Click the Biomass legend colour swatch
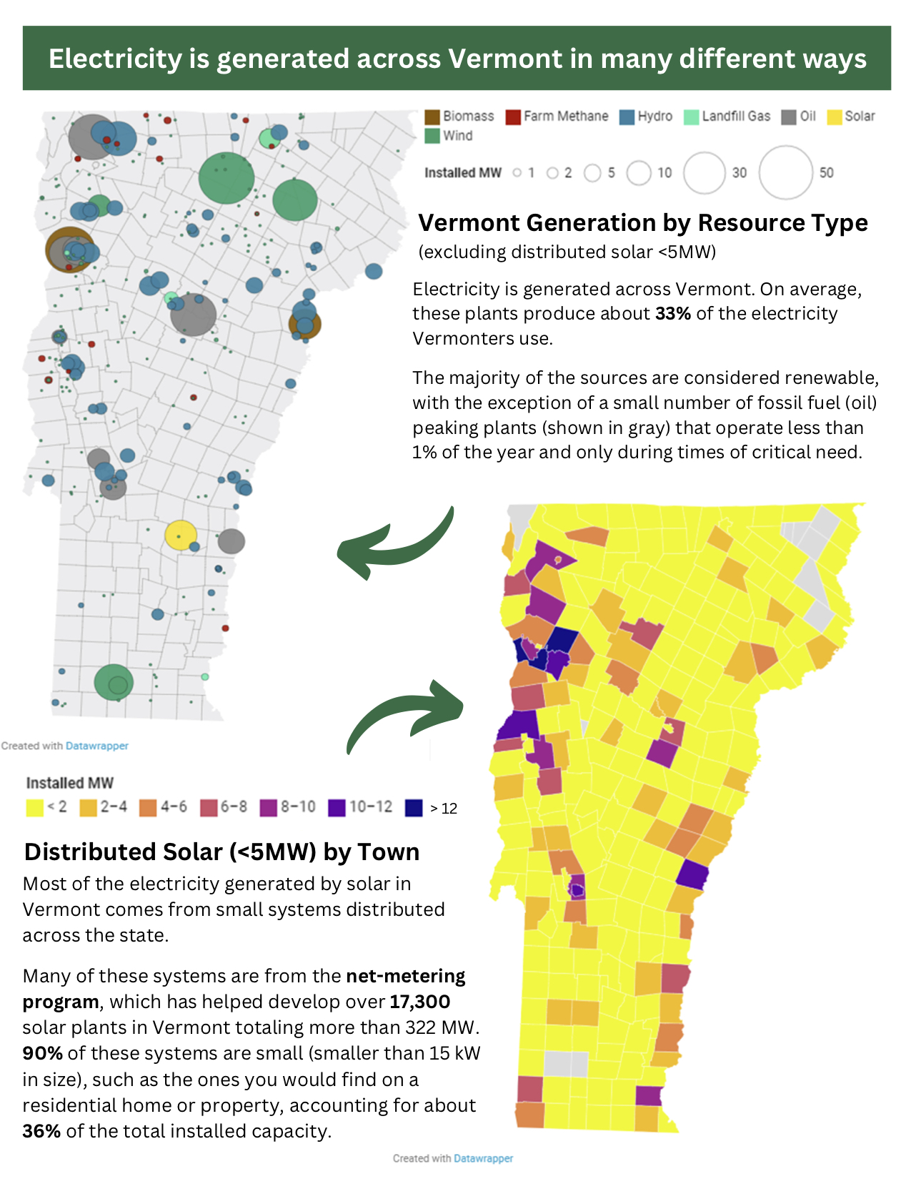[x=432, y=117]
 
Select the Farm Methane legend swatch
[x=513, y=117]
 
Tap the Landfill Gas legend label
[x=736, y=117]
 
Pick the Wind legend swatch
[x=432, y=136]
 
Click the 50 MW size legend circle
[x=786, y=172]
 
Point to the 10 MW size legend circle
[x=639, y=172]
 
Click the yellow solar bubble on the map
[x=181, y=535]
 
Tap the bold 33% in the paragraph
[x=672, y=314]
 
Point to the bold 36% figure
[x=41, y=1131]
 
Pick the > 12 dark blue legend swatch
[x=414, y=808]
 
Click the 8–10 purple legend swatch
[x=269, y=808]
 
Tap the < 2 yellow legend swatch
[x=34, y=808]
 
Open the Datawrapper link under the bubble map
[x=97, y=746]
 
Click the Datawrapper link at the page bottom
[x=483, y=1158]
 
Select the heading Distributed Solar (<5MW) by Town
[x=221, y=852]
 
